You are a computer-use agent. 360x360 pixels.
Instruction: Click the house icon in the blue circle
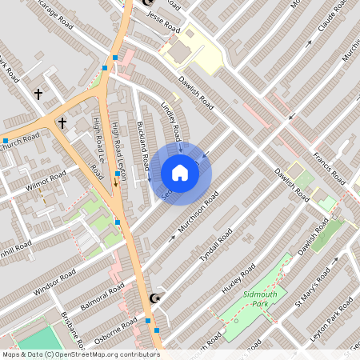tap(180, 173)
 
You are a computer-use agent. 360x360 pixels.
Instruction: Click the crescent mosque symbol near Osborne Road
tap(155, 298)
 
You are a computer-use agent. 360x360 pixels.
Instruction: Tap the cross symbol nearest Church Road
tap(61, 123)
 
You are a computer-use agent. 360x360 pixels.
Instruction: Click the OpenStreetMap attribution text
tap(81, 354)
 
